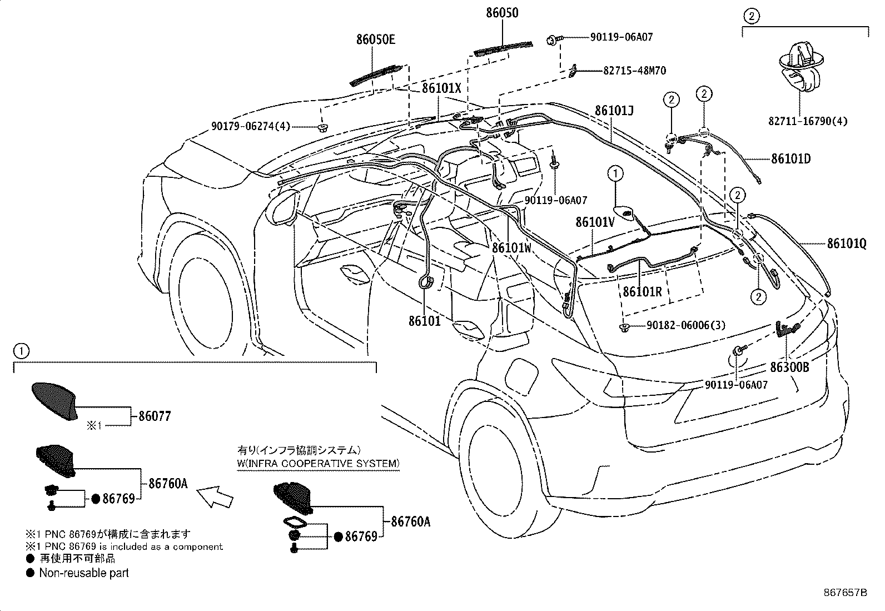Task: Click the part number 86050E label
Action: pyautogui.click(x=376, y=39)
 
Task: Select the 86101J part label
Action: pyautogui.click(x=614, y=111)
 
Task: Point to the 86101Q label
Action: pyautogui.click(x=847, y=244)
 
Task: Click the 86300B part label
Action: pyautogui.click(x=789, y=367)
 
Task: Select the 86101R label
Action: pyautogui.click(x=642, y=291)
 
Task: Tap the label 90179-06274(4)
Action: pyautogui.click(x=251, y=126)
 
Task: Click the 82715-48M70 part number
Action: pyautogui.click(x=634, y=71)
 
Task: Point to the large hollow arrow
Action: pyautogui.click(x=216, y=495)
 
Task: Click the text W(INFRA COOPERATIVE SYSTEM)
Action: pyautogui.click(x=318, y=464)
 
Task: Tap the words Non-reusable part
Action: pyautogui.click(x=83, y=573)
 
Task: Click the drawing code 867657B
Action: pyautogui.click(x=845, y=592)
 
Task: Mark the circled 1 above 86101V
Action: pyautogui.click(x=615, y=174)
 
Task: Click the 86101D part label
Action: pyautogui.click(x=790, y=159)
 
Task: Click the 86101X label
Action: pyautogui.click(x=442, y=88)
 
